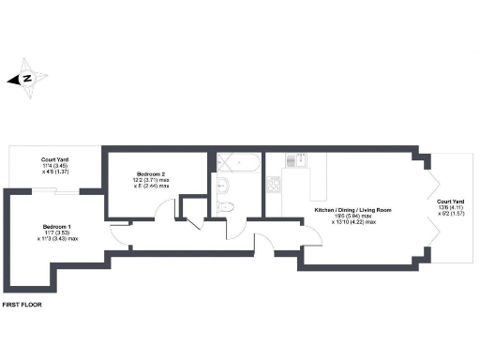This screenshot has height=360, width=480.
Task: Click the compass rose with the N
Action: [27, 79]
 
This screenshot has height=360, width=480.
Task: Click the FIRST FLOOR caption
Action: [22, 305]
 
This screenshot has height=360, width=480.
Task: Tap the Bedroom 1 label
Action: [56, 227]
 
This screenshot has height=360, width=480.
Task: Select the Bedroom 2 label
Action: [151, 173]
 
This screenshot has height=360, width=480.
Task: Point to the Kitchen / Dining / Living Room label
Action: [352, 209]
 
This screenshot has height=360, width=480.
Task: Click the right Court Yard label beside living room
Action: [451, 202]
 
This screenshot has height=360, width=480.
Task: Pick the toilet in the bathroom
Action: [226, 205]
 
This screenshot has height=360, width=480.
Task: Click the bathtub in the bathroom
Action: [242, 162]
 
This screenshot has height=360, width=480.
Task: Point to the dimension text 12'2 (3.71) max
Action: [151, 180]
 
